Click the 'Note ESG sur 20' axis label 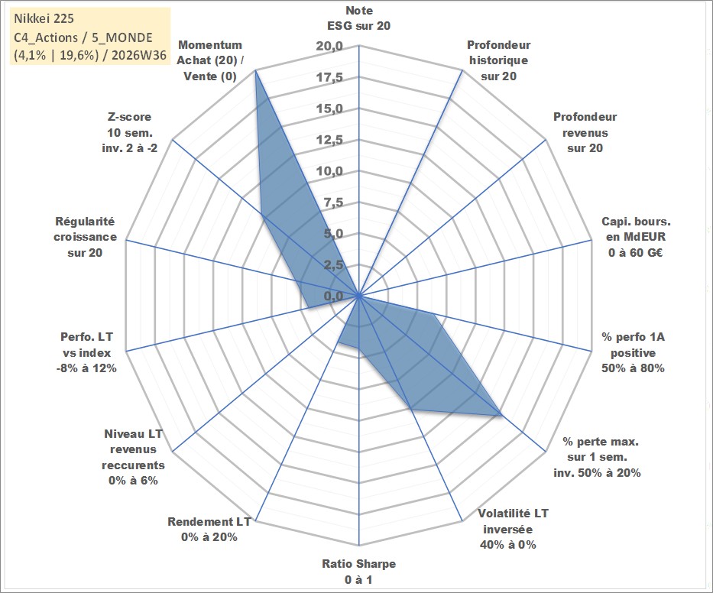(358, 18)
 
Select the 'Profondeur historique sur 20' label (498, 60)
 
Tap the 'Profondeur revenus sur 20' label (585, 132)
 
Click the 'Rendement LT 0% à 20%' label (209, 530)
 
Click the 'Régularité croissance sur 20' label (85, 237)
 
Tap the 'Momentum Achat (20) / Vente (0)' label (209, 60)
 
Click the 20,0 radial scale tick (329, 47)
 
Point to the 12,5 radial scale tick (329, 141)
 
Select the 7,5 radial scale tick (333, 203)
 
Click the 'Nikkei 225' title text (44, 18)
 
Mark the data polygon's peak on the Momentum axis (255, 70)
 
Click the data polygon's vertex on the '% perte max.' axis (501, 415)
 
